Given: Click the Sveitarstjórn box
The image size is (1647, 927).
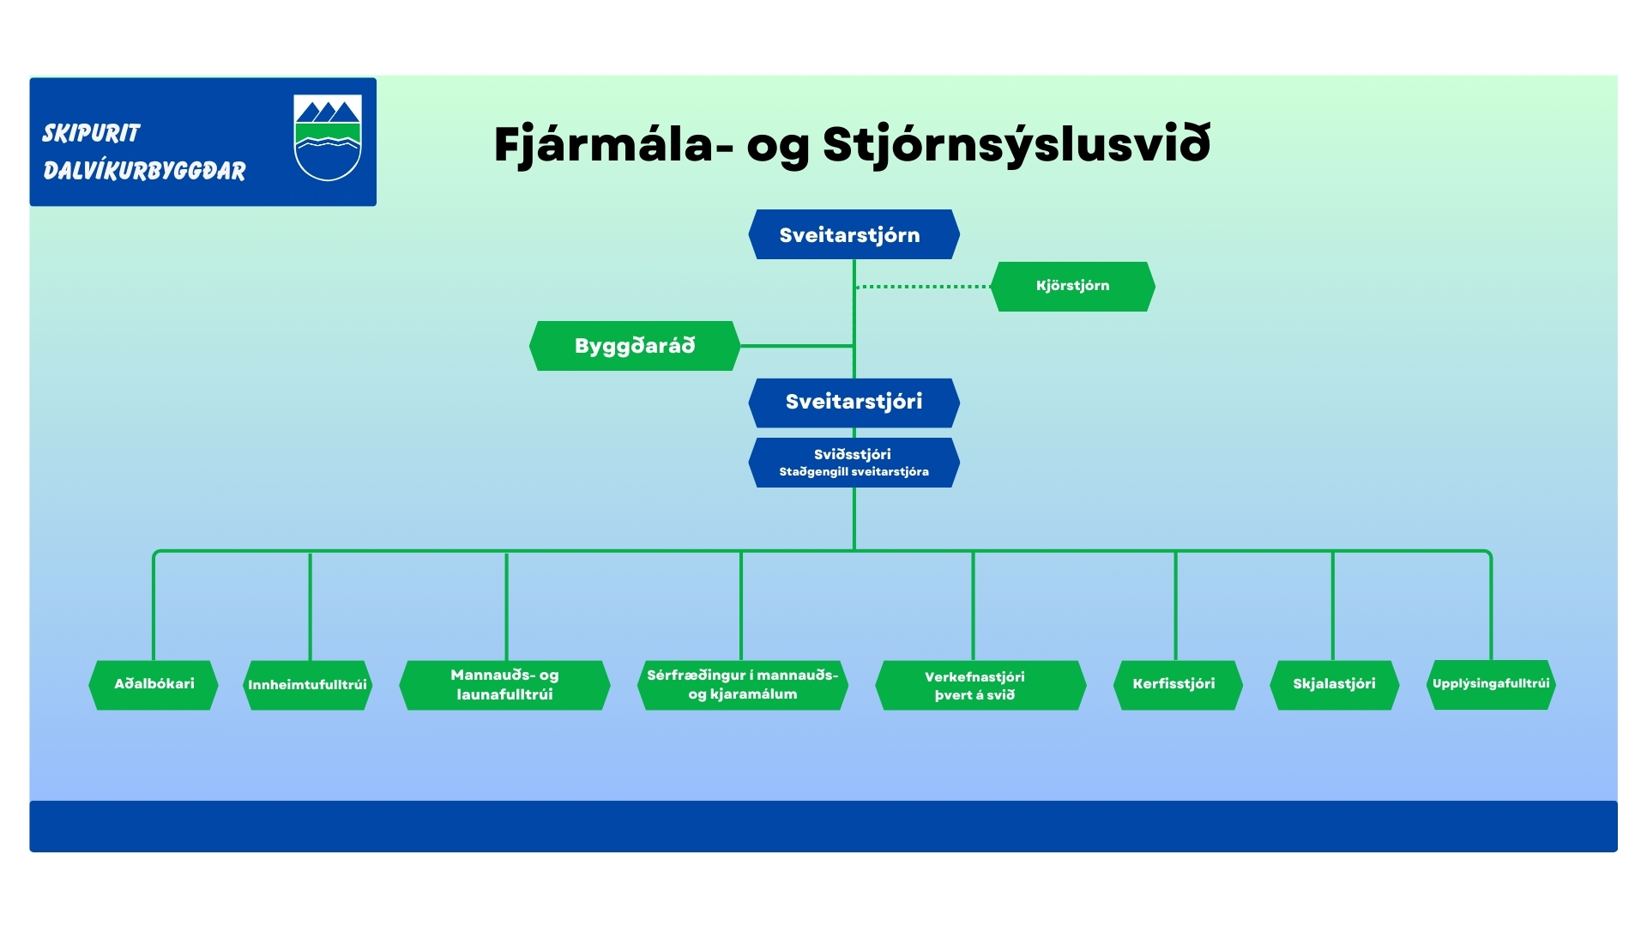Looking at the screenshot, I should click(854, 234).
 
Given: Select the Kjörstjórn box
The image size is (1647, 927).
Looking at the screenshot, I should click(1072, 286).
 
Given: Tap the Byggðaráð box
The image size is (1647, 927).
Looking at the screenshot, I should click(635, 346).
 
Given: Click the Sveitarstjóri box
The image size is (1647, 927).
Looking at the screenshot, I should click(854, 402).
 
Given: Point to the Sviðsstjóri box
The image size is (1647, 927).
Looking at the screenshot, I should click(854, 463).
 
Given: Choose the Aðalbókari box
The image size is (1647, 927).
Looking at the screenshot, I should click(154, 684).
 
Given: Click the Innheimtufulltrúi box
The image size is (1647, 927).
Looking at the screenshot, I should click(307, 685).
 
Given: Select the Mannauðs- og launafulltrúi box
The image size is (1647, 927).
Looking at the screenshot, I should click(504, 685).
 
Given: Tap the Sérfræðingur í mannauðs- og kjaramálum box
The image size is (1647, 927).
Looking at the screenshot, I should click(743, 685).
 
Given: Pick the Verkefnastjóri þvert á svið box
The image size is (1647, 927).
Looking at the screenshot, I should click(974, 685).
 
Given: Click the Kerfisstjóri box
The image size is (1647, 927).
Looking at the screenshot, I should click(1176, 685).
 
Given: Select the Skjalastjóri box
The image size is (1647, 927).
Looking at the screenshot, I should click(1334, 685).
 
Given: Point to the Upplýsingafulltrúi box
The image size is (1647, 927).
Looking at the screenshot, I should click(1491, 684).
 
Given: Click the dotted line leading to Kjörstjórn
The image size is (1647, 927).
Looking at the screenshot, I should click(923, 287).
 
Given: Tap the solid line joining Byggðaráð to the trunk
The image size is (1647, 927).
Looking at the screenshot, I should click(796, 346).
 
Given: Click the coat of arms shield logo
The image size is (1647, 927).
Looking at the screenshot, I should click(328, 137).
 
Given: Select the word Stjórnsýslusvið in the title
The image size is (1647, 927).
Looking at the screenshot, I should click(1017, 144).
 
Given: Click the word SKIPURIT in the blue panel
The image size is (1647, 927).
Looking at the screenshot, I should click(91, 133).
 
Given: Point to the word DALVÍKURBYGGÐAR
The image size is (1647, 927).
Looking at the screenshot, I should click(144, 171).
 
